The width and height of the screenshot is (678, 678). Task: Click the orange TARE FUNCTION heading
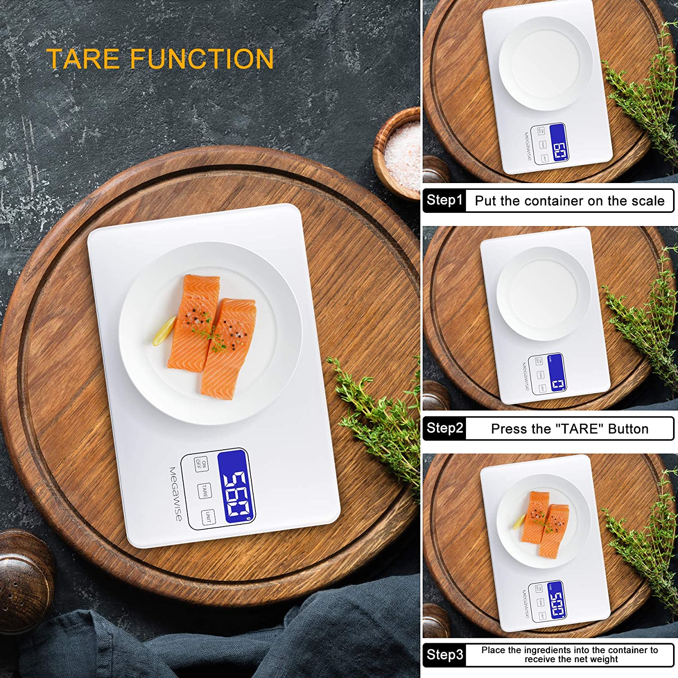pos(160,59)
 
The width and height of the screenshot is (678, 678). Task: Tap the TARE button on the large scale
pos(204,490)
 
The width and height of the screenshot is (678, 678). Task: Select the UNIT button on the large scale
pos(208,517)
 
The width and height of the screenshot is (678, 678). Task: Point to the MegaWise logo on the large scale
pos(175,494)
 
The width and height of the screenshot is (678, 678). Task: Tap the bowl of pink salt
pos(401,154)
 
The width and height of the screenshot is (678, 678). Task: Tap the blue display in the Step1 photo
pos(559,143)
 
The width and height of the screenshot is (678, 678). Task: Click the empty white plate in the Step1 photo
pos(545,64)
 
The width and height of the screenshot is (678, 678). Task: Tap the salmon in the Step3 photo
pos(545,523)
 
